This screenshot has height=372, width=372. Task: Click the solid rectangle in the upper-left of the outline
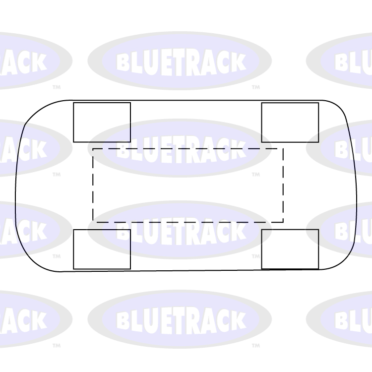[x=102, y=122]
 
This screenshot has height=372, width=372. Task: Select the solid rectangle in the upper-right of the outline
[x=290, y=122]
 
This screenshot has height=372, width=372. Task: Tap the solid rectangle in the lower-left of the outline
[x=102, y=249]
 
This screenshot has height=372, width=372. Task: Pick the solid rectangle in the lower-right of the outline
[x=290, y=249]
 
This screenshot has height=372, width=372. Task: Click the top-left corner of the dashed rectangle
[x=93, y=148]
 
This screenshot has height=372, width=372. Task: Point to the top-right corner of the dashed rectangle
[x=283, y=148]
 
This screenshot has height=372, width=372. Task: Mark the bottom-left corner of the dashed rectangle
[x=93, y=222]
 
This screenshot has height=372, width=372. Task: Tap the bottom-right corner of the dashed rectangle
[x=283, y=222]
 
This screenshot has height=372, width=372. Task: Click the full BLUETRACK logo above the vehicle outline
[x=180, y=61]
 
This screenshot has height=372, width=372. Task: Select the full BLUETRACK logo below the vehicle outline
[x=180, y=319]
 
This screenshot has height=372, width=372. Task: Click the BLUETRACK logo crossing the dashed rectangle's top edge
[x=180, y=148]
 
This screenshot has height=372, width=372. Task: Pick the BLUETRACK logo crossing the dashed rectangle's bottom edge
[x=180, y=230]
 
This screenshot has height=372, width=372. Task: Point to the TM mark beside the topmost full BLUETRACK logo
[x=255, y=87]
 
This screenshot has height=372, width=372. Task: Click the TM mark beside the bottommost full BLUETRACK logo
[x=255, y=345]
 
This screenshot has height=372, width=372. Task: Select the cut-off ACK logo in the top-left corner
[x=30, y=61]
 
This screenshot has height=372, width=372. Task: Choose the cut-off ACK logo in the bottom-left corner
[x=30, y=319]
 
